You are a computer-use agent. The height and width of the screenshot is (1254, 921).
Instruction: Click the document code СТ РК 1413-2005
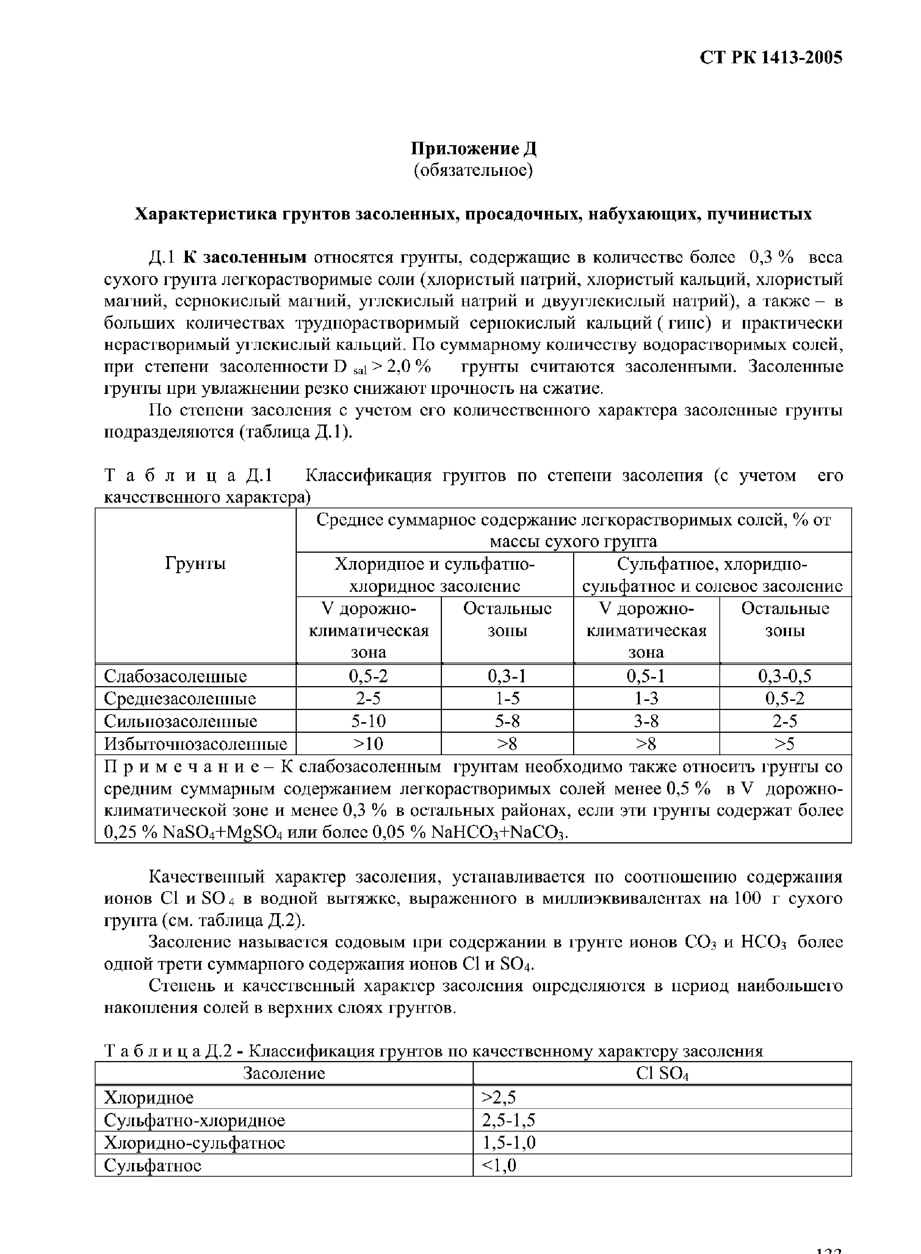(771, 58)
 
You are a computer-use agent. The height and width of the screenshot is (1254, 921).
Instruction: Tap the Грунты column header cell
(195, 564)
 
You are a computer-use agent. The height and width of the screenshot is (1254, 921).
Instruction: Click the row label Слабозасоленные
(175, 676)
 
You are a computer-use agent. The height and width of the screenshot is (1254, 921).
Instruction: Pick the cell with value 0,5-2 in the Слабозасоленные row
(368, 676)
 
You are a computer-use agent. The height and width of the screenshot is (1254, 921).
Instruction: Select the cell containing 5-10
(368, 721)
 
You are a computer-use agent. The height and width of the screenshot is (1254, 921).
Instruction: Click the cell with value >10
(368, 744)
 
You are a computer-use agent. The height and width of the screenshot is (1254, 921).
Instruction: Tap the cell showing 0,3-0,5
(785, 676)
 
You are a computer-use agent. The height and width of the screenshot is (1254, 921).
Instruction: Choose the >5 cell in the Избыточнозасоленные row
(785, 744)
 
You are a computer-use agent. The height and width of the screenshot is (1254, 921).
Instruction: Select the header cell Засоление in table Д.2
(284, 1073)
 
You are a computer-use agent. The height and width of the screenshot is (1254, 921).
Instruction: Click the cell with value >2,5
(498, 1097)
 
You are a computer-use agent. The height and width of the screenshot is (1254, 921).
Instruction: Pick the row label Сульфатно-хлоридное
(194, 1120)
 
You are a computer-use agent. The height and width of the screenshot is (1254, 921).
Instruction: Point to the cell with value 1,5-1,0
(509, 1143)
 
